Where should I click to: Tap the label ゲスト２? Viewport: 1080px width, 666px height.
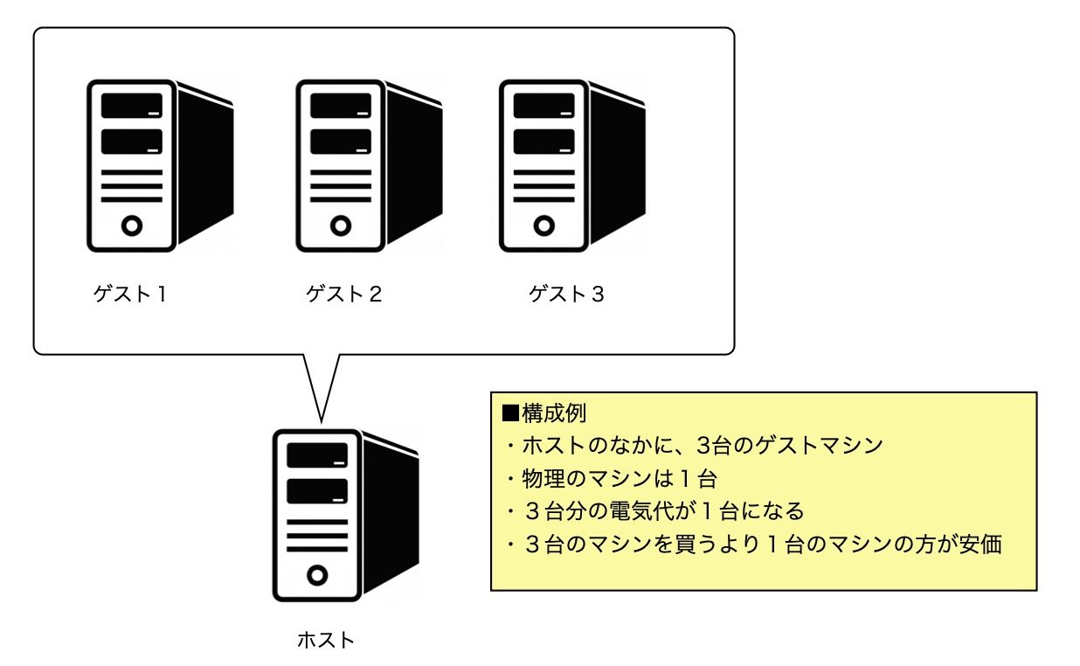[343, 295]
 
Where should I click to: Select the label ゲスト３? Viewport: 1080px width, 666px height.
[566, 295]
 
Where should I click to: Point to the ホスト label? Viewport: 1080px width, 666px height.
[326, 640]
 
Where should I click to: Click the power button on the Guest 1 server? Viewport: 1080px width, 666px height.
[132, 225]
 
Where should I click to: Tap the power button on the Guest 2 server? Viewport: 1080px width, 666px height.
[341, 225]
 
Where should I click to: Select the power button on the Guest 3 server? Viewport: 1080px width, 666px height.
[544, 225]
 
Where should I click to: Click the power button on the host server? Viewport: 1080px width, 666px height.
[317, 574]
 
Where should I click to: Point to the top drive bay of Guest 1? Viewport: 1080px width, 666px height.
[132, 106]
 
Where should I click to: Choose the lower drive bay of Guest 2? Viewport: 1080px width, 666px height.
[341, 142]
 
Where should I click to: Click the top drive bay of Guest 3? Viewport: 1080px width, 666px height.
[544, 106]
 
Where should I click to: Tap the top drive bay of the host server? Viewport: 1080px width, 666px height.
[317, 454]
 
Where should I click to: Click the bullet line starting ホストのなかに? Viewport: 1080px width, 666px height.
[695, 445]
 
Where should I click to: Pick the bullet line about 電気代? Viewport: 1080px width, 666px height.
[655, 510]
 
